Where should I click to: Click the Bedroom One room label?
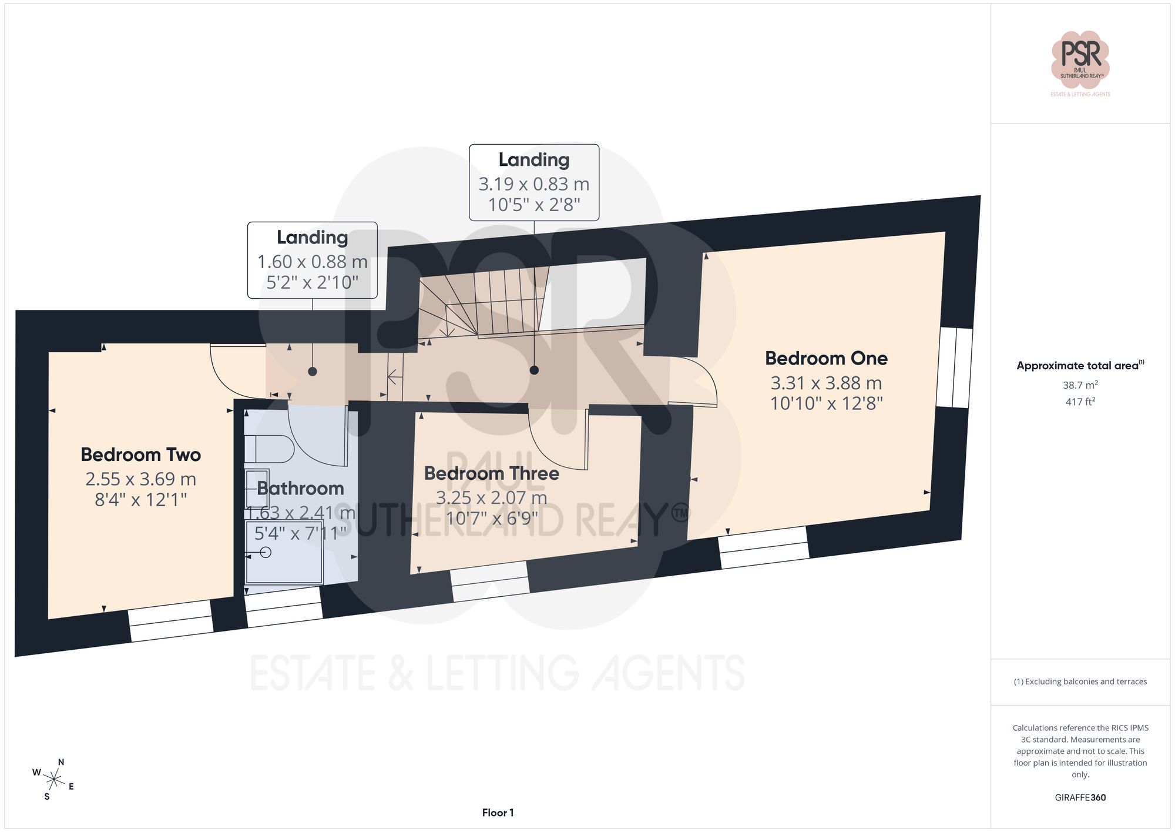tap(826, 358)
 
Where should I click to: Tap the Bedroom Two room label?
tap(141, 455)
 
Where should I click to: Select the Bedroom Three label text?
tap(491, 473)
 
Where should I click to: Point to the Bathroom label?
tap(300, 489)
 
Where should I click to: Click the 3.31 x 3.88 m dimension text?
tap(826, 383)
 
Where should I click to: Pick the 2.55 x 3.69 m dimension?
tap(141, 479)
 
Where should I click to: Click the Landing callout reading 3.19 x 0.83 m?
tap(534, 182)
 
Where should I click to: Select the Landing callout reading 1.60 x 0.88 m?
tap(312, 260)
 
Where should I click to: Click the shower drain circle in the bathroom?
tap(266, 552)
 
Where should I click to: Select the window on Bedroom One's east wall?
tap(954, 367)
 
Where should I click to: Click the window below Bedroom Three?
tap(489, 581)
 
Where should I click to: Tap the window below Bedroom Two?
tap(170, 621)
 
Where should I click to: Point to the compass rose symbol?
tap(54, 780)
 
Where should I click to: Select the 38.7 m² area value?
tap(1080, 385)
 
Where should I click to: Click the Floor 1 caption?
tap(498, 813)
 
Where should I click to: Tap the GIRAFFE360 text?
tap(1080, 798)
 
